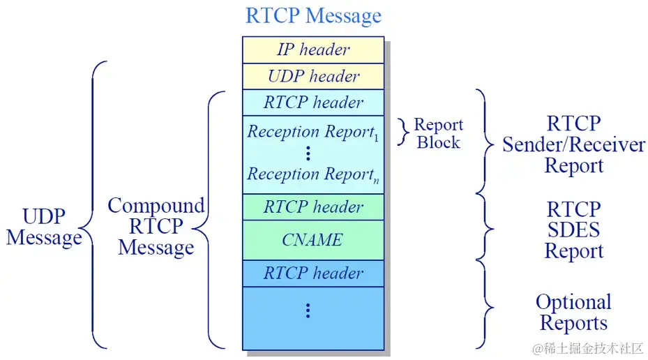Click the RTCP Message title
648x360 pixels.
click(x=313, y=15)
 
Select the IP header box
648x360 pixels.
click(x=313, y=50)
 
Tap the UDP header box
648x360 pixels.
click(x=313, y=76)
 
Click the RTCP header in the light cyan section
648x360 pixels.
click(x=313, y=103)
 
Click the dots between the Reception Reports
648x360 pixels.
click(x=308, y=153)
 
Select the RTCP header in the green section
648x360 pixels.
click(x=313, y=207)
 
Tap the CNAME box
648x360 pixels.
click(x=312, y=240)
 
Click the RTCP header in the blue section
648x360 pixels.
click(x=313, y=273)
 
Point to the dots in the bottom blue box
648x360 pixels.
click(x=308, y=311)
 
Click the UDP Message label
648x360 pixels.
click(x=43, y=227)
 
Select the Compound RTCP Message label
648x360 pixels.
click(x=156, y=227)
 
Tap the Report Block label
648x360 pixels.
click(x=438, y=133)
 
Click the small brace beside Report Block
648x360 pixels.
click(x=402, y=132)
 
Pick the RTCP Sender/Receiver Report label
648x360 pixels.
click(x=573, y=145)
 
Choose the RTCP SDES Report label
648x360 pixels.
click(x=573, y=230)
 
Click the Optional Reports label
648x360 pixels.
click(x=573, y=313)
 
